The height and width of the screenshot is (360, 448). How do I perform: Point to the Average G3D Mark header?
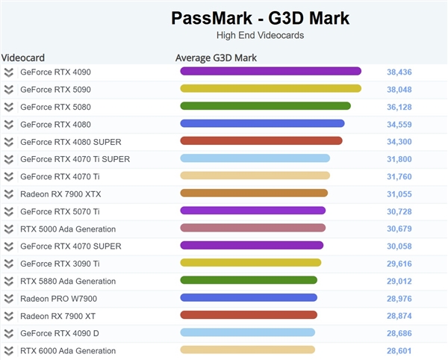click(x=217, y=58)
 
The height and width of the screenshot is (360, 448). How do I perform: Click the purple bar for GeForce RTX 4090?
click(x=270, y=72)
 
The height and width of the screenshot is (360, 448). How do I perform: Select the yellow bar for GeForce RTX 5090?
click(x=270, y=89)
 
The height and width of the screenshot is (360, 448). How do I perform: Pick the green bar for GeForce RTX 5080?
click(x=265, y=107)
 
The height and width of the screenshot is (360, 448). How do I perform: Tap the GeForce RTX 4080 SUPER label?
click(x=70, y=142)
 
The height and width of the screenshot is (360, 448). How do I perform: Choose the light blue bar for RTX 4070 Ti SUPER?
click(x=255, y=158)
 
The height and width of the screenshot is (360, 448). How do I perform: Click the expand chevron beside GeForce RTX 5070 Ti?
click(x=9, y=211)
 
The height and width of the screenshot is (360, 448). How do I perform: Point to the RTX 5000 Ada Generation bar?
click(x=252, y=229)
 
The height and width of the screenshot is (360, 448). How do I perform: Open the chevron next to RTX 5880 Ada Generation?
click(x=9, y=281)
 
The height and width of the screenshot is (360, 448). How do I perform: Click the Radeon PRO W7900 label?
click(x=58, y=299)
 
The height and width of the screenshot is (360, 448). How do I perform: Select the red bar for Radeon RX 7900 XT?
click(x=249, y=315)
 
